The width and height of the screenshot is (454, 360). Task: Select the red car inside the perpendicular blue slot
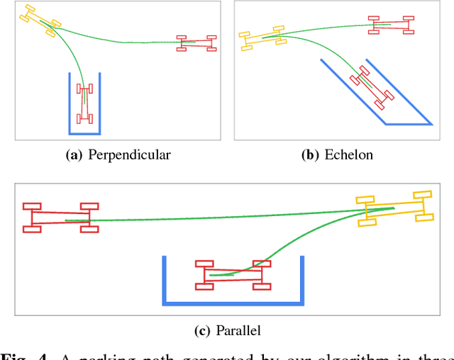[x=85, y=105]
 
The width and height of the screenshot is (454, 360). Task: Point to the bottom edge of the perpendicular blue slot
[x=84, y=133]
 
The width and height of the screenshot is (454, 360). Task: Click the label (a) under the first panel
[x=73, y=154]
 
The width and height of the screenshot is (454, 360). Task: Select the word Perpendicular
[x=129, y=154]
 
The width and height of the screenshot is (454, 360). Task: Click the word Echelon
[x=348, y=154]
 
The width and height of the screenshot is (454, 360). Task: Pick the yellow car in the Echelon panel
[x=262, y=38]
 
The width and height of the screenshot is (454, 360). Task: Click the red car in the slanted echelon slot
[x=372, y=88]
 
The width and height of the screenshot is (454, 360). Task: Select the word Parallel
[x=239, y=330]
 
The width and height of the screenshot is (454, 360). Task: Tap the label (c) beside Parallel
[x=202, y=330]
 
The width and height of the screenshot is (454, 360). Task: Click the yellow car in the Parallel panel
[x=394, y=208]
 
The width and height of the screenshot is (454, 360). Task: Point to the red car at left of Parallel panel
[x=60, y=218]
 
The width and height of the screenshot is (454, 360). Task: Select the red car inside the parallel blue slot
[x=233, y=274]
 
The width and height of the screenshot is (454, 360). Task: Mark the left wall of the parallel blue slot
[x=165, y=280]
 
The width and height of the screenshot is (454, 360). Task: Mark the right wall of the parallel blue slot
[x=302, y=280]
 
